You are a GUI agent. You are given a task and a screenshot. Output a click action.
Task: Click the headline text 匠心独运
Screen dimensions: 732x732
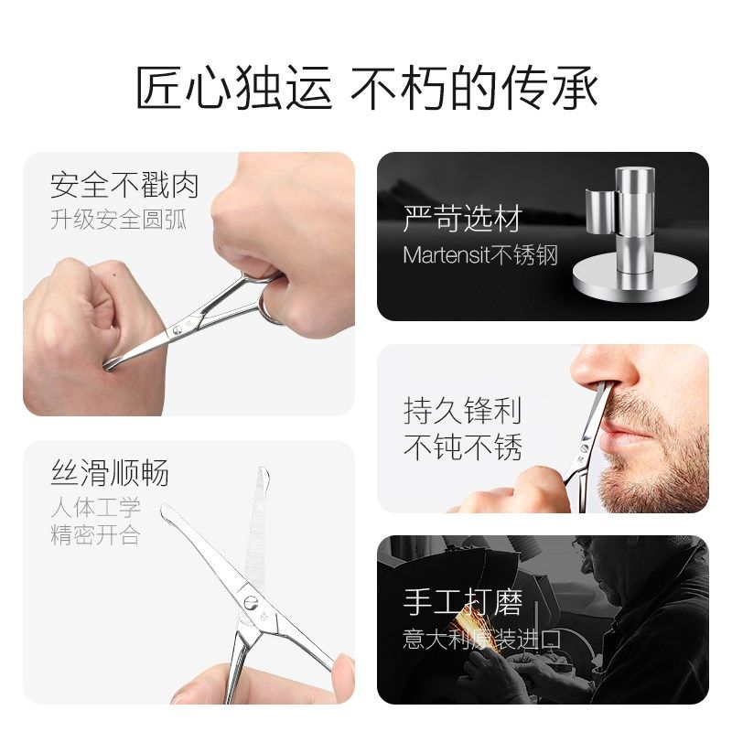(236, 90)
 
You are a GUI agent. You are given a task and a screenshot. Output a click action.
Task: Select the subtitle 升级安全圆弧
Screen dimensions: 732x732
(118, 221)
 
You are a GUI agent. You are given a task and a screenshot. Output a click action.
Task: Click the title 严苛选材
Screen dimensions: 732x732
(461, 219)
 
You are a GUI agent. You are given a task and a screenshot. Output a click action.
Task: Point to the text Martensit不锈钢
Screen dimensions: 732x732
(479, 254)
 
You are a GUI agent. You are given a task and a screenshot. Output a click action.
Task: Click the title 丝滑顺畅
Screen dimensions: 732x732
(109, 474)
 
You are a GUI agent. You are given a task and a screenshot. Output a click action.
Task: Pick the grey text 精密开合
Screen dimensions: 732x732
(95, 534)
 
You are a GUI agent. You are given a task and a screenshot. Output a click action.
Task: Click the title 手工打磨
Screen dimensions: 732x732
(462, 603)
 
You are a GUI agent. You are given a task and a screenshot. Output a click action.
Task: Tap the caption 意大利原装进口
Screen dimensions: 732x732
(481, 639)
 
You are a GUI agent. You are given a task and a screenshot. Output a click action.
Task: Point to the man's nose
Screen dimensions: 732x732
(595, 371)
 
